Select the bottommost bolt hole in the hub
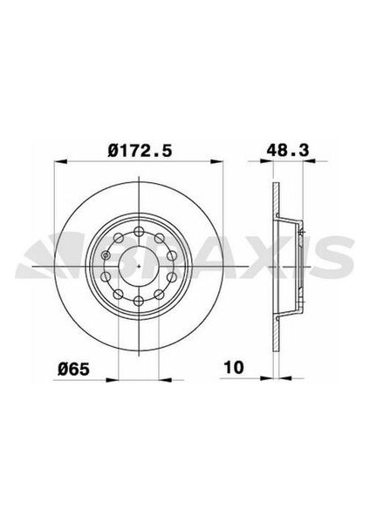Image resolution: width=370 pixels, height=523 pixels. [x=140, y=301]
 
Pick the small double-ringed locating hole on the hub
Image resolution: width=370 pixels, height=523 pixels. [x=106, y=255]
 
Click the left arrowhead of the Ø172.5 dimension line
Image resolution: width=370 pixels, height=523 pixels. [x=60, y=162]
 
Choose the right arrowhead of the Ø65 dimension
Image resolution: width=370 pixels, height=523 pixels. [x=164, y=378]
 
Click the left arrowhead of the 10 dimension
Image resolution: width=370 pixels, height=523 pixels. [x=266, y=378]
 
